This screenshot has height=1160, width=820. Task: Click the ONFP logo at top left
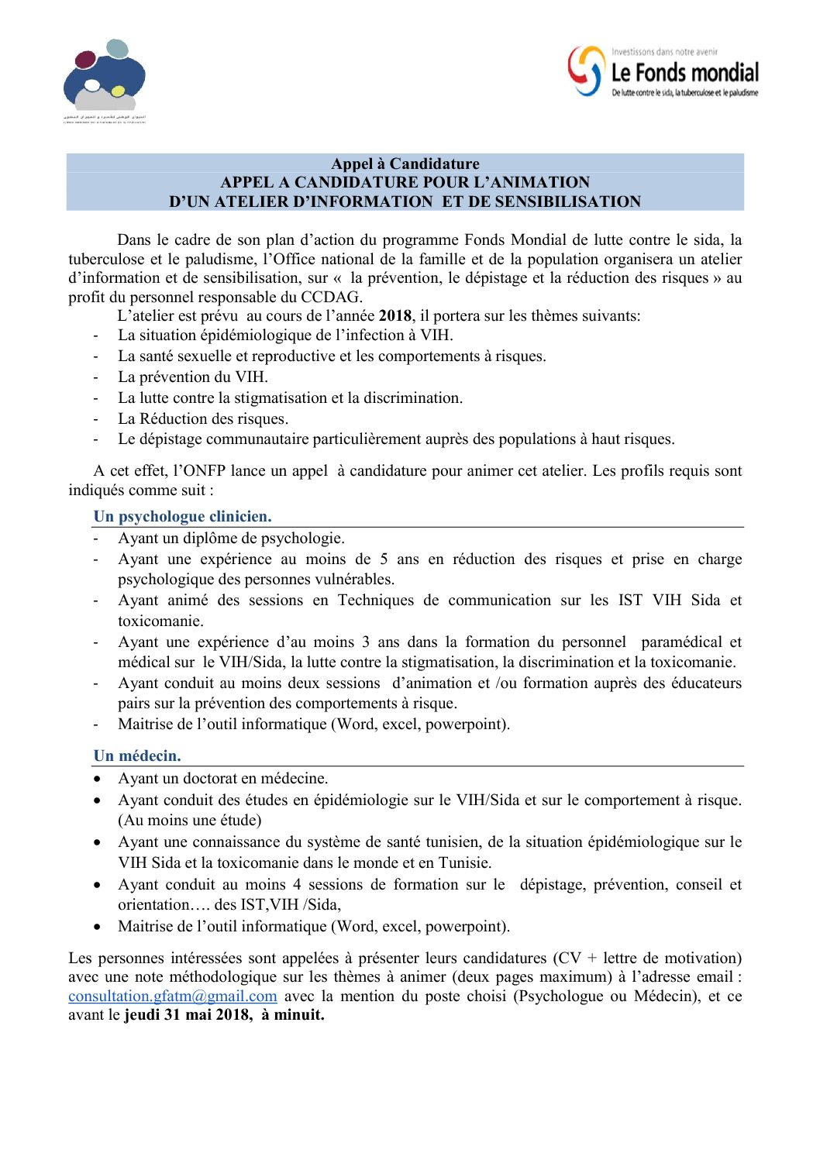pyautogui.click(x=104, y=77)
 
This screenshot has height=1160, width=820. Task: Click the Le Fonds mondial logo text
pyautogui.click(x=684, y=74)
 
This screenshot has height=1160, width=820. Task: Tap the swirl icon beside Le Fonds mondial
pyautogui.click(x=586, y=71)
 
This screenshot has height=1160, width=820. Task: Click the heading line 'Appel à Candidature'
pyautogui.click(x=405, y=164)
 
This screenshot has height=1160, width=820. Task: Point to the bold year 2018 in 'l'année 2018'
pyautogui.click(x=395, y=316)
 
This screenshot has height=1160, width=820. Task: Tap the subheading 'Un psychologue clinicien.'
pyautogui.click(x=182, y=517)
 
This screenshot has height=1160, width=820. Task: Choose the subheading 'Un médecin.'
pyautogui.click(x=137, y=756)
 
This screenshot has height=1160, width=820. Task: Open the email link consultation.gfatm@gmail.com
pyautogui.click(x=172, y=996)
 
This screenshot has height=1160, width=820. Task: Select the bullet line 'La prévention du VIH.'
pyautogui.click(x=192, y=377)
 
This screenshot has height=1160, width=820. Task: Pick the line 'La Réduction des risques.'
pyautogui.click(x=202, y=419)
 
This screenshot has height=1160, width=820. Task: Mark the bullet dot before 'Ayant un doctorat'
pyautogui.click(x=97, y=779)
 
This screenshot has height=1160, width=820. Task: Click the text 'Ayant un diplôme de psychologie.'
pyautogui.click(x=231, y=539)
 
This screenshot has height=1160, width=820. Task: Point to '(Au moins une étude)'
pyautogui.click(x=189, y=821)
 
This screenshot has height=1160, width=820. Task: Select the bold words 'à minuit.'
pyautogui.click(x=293, y=1015)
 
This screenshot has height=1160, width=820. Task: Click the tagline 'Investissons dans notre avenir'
pyautogui.click(x=664, y=52)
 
